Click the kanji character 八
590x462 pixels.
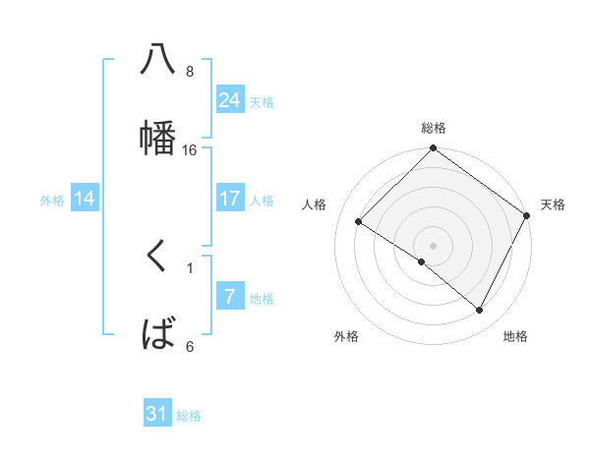click(x=157, y=61)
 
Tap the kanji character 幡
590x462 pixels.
click(x=157, y=137)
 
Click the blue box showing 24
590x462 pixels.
click(x=229, y=100)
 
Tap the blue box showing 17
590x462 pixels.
click(x=229, y=199)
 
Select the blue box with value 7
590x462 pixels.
click(x=229, y=297)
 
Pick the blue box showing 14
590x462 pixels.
click(x=85, y=199)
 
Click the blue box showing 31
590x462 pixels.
click(x=157, y=414)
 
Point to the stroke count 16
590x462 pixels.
click(x=190, y=150)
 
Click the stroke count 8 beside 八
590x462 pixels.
click(x=190, y=72)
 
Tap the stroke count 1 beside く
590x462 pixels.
click(x=190, y=266)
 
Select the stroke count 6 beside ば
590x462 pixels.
click(x=190, y=346)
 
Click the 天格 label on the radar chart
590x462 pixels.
click(x=553, y=204)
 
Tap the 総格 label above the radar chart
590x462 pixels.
click(x=434, y=128)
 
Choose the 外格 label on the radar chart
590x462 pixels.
click(x=346, y=336)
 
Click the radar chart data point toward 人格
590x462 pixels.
click(x=360, y=221)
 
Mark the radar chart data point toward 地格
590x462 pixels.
click(x=480, y=311)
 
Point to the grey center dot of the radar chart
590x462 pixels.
click(x=434, y=245)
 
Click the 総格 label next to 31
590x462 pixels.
click(x=189, y=416)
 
